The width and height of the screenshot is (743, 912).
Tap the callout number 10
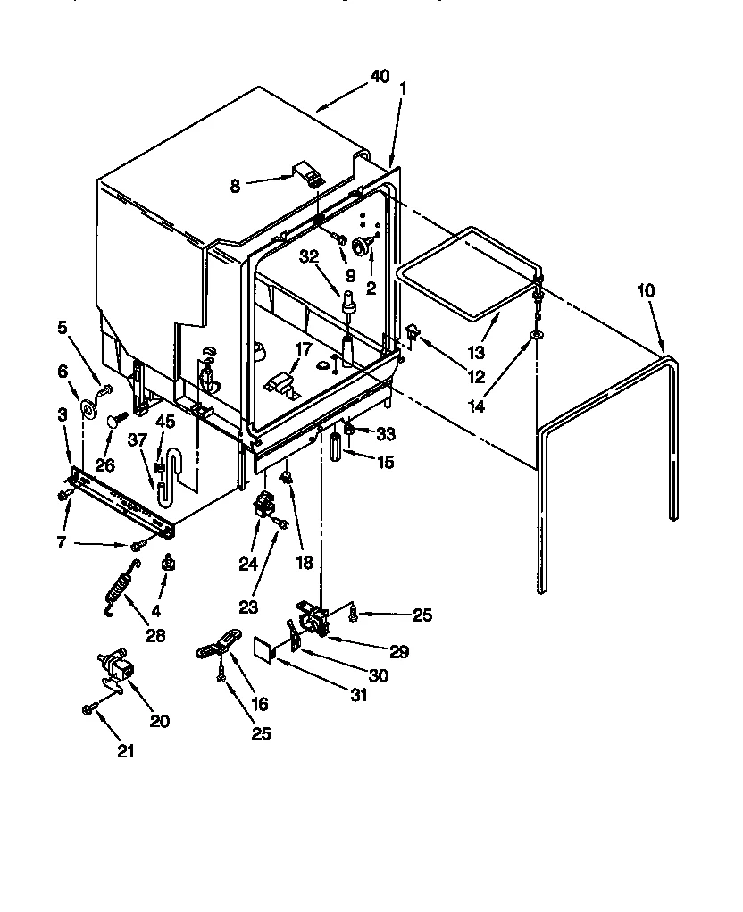pos(646,291)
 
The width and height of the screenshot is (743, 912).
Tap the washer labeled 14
pos(536,334)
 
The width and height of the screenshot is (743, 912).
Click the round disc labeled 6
pos(89,409)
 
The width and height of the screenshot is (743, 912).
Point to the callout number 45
pos(165,423)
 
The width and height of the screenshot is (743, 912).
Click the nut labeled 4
pos(166,564)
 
